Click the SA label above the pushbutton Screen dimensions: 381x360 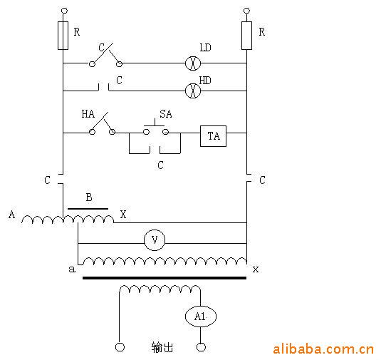click(x=166, y=114)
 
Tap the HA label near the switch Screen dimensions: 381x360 click(x=88, y=114)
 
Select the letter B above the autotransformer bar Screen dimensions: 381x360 click(x=89, y=197)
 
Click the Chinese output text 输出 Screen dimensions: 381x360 click(x=162, y=347)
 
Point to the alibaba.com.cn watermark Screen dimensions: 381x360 click(x=323, y=349)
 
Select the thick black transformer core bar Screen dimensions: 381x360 click(x=165, y=278)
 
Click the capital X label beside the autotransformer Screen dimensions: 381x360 click(x=123, y=215)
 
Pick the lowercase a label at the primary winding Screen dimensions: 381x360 click(x=72, y=269)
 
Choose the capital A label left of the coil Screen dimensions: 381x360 click(x=11, y=215)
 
